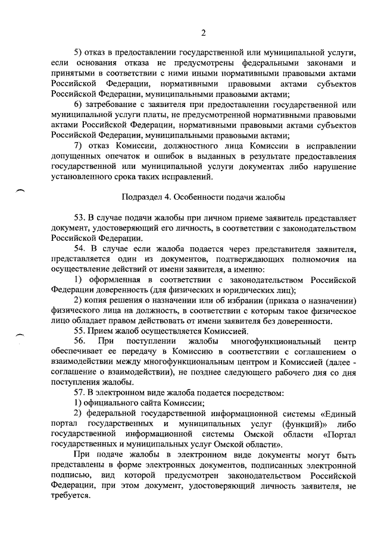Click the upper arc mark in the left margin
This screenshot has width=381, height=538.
click(x=20, y=189)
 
